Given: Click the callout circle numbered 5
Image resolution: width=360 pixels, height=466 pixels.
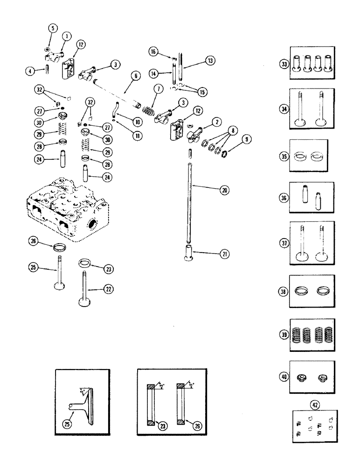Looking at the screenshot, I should pyautogui.click(x=52, y=28).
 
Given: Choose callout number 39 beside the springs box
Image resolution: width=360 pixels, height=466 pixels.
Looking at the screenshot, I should pyautogui.click(x=283, y=334).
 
